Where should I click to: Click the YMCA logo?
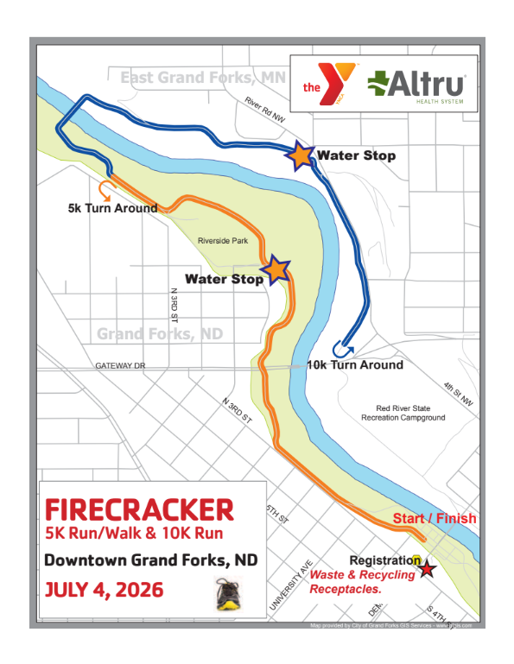[327, 85]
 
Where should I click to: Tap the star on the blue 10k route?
[300, 155]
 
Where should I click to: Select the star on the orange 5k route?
[276, 269]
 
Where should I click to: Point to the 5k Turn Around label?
[112, 208]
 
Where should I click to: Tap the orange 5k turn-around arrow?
[107, 189]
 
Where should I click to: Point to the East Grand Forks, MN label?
[202, 78]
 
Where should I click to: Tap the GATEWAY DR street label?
[121, 366]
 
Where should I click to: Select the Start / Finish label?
[434, 519]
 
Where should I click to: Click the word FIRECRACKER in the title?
[139, 508]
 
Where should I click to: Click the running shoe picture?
[227, 595]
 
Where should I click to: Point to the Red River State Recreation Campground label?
[403, 413]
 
